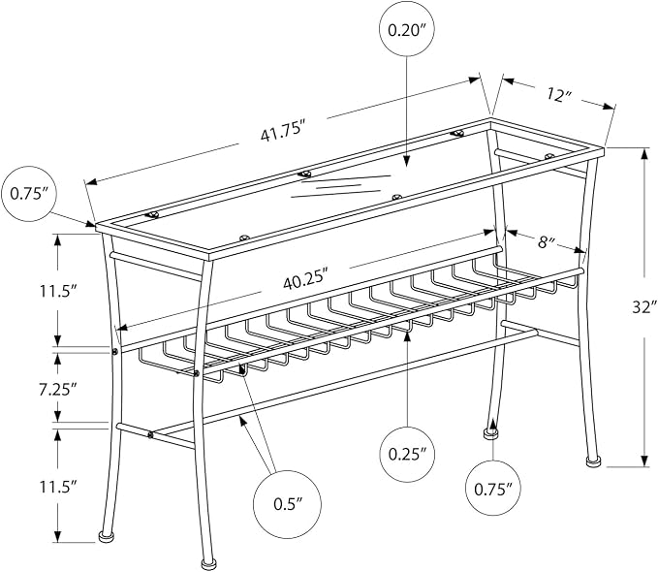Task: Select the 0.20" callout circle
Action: click(x=406, y=30)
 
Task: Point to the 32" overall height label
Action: click(x=643, y=307)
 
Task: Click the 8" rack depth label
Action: click(x=547, y=242)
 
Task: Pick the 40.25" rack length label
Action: click(x=304, y=280)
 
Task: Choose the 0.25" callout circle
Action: click(x=407, y=454)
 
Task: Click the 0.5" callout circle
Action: click(x=288, y=503)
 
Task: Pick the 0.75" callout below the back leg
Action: click(x=493, y=489)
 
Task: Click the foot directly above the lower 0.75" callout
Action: click(x=490, y=433)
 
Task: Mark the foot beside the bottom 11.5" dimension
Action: click(x=106, y=536)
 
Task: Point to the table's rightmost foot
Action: click(x=592, y=461)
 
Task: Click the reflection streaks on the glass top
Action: click(x=340, y=185)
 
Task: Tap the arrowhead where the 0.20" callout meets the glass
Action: click(x=406, y=162)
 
